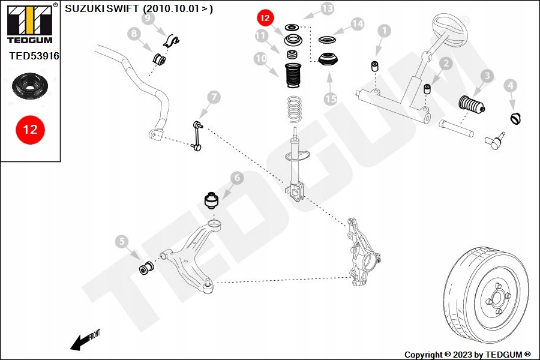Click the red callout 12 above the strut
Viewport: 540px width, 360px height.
265,19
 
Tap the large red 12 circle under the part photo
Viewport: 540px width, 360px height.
31,129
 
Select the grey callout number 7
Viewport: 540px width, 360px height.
214,97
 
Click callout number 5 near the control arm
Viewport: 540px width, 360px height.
122,242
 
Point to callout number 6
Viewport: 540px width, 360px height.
236,178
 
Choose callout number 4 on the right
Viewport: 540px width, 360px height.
510,86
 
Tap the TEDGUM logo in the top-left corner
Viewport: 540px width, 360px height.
30,23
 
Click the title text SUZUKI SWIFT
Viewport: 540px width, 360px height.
102,9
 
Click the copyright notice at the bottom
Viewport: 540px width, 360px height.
467,355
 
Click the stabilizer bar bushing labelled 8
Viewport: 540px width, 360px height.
160,61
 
